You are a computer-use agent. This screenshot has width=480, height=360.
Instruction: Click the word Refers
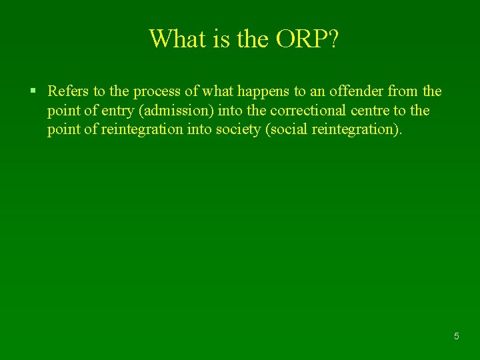click(69, 91)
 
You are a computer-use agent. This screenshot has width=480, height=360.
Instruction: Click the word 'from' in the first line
click(403, 91)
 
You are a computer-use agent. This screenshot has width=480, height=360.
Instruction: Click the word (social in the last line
click(285, 129)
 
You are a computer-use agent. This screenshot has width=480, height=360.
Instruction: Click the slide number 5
click(457, 337)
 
